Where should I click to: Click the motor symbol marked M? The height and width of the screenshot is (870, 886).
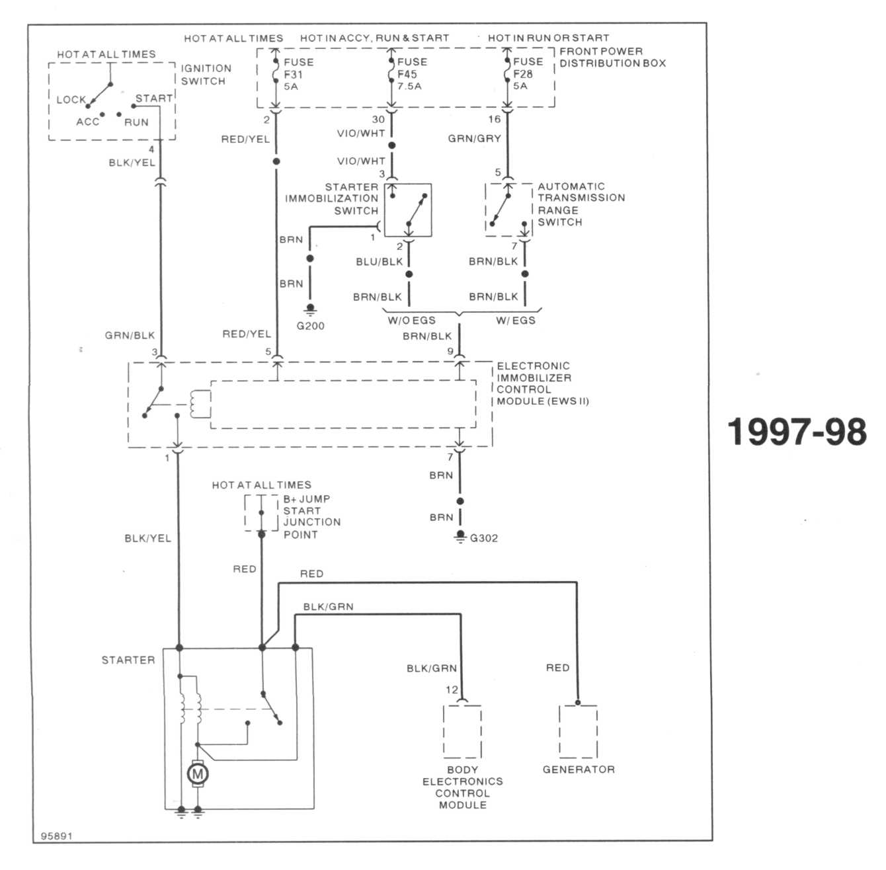198,774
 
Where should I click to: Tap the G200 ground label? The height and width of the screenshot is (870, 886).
310,326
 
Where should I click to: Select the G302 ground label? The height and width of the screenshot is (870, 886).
484,538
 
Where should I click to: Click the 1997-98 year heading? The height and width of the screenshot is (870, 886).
797,432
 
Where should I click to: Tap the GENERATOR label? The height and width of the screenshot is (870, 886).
579,770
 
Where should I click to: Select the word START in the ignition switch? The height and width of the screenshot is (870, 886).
154,99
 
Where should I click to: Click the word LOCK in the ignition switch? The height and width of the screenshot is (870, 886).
71,100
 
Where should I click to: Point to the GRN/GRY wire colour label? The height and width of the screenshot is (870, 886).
475,138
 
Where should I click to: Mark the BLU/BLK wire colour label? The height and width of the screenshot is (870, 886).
380,262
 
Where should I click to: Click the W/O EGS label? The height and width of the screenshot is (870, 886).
411,321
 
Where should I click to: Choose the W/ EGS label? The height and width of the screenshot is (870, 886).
516,321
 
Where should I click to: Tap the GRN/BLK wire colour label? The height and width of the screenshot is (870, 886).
130,336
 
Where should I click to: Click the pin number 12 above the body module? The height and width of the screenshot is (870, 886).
452,690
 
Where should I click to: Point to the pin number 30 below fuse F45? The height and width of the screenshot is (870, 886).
378,120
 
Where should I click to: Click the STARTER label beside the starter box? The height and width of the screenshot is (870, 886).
128,660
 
